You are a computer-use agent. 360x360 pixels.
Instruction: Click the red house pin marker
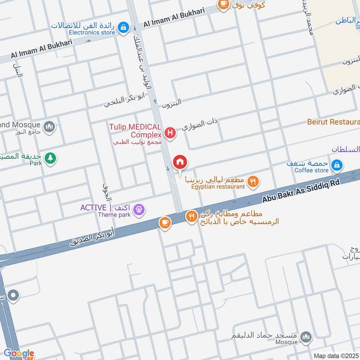click(180, 162)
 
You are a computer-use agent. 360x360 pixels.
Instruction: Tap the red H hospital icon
click(170, 133)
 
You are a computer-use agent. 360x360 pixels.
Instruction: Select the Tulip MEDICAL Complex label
click(135, 131)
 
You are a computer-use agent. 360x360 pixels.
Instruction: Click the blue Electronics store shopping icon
click(123, 27)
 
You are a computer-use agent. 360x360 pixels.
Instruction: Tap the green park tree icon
click(50, 158)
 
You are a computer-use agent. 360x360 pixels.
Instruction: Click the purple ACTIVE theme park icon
click(139, 209)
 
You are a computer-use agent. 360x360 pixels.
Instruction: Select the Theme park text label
click(114, 215)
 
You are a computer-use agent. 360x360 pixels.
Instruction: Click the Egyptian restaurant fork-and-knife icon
click(253, 181)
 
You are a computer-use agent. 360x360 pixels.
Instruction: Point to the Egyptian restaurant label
click(218, 186)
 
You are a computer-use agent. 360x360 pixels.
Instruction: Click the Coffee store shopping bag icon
click(336, 166)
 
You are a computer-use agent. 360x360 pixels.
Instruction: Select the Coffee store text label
click(311, 170)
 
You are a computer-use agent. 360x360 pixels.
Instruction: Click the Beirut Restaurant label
click(333, 122)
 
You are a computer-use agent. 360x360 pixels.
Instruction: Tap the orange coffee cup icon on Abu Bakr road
click(165, 222)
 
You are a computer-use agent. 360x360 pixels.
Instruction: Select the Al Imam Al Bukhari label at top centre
click(173, 18)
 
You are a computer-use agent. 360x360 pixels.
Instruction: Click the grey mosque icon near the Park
click(50, 126)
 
